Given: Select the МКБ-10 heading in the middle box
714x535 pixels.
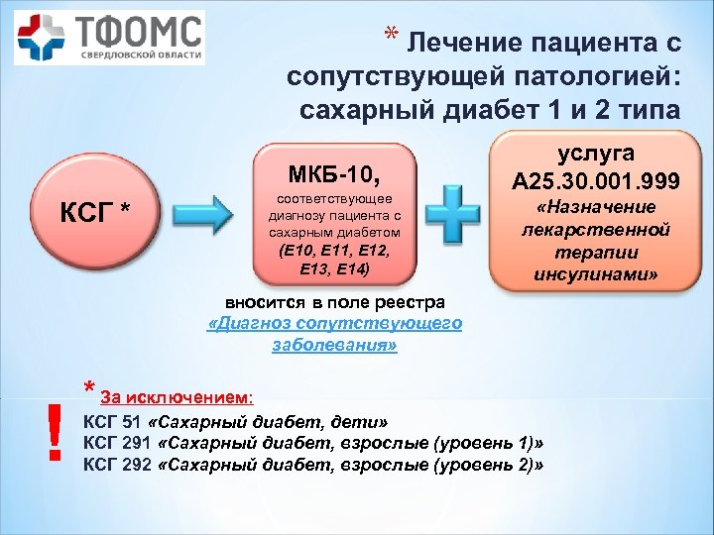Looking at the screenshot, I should pyautogui.click(x=335, y=176).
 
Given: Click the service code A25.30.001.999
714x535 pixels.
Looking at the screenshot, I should pyautogui.click(x=595, y=179).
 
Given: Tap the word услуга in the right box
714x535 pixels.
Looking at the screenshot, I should pyautogui.click(x=595, y=155).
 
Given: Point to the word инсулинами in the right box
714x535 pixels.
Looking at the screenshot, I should pyautogui.click(x=595, y=268).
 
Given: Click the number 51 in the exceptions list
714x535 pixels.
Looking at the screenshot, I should pyautogui.click(x=133, y=419).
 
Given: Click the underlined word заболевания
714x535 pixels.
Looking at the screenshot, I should pyautogui.click(x=334, y=346).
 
